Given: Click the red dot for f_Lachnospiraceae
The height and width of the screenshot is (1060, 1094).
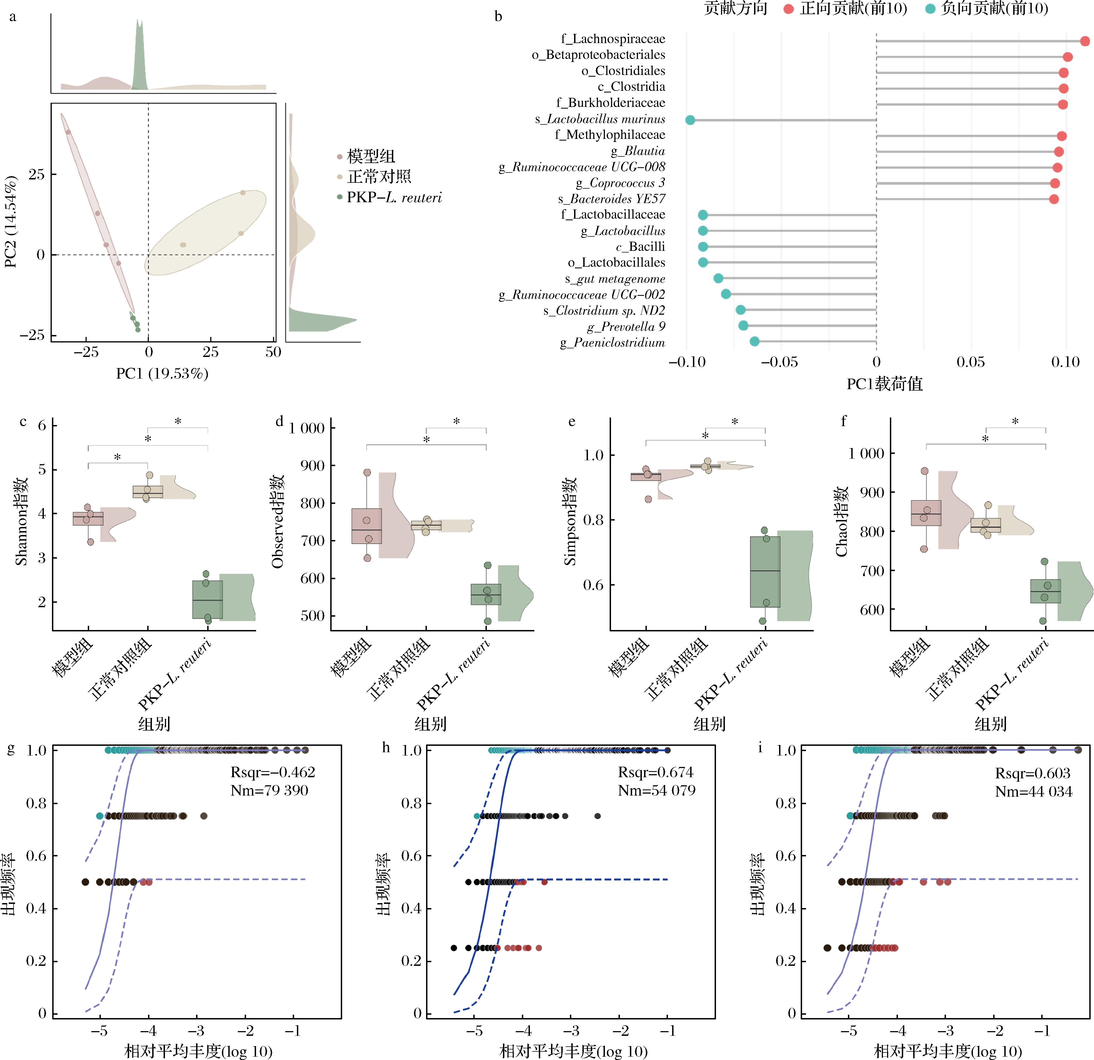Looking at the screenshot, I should tap(1085, 41).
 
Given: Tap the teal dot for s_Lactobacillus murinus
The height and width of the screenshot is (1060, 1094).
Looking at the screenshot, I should tap(690, 120).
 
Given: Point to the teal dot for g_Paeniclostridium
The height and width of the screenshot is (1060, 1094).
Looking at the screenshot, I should tap(754, 342).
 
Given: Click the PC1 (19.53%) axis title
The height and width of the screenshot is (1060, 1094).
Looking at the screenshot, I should tap(162, 373).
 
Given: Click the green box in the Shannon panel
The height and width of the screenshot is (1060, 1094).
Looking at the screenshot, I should tap(208, 599).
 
